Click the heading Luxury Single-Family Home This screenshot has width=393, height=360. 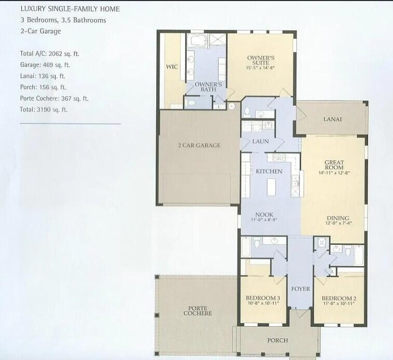click(x=70, y=9)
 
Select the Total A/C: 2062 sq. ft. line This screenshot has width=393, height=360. click(x=49, y=53)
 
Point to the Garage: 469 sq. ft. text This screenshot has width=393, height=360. click(x=45, y=65)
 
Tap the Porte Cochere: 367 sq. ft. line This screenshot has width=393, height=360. click(x=54, y=99)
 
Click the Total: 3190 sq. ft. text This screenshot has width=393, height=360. click(x=44, y=110)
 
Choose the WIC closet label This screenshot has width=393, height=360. click(x=172, y=67)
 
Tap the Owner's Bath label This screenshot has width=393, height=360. click(x=208, y=87)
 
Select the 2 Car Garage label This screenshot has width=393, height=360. click(x=199, y=145)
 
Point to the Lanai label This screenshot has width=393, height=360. click(x=332, y=119)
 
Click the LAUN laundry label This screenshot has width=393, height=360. click(x=260, y=141)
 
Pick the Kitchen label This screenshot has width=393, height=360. click(x=269, y=171)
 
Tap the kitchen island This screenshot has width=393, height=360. click(x=270, y=186)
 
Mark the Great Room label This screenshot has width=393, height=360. click(x=334, y=165)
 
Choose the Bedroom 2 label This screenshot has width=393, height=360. click(x=338, y=298)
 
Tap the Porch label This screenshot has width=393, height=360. click(x=277, y=340)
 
